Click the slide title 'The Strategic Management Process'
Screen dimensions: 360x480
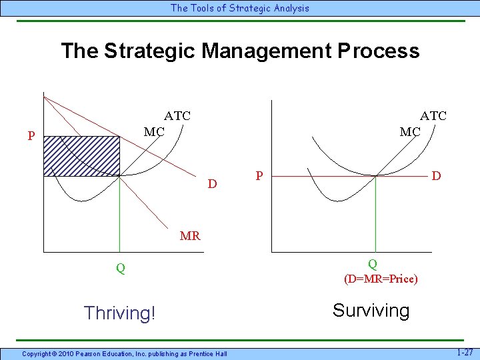point(240,51)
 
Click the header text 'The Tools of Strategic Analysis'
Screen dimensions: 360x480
point(240,8)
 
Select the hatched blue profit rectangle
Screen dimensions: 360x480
point(81,156)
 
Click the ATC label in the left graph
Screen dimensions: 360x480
point(177,116)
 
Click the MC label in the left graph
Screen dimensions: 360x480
point(154,132)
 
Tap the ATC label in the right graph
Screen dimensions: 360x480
point(433,116)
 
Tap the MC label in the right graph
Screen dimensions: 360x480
point(410,132)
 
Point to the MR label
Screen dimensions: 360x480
point(190,235)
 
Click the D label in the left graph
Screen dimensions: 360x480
point(212,183)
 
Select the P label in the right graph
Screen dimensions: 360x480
point(261,176)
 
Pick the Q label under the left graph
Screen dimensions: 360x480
point(120,269)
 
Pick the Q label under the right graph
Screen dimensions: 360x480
point(373,264)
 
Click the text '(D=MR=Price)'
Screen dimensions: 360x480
point(381,279)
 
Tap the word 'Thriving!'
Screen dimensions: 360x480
point(119,313)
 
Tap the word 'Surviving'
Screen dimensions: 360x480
point(371,311)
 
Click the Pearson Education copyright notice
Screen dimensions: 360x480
point(124,353)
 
